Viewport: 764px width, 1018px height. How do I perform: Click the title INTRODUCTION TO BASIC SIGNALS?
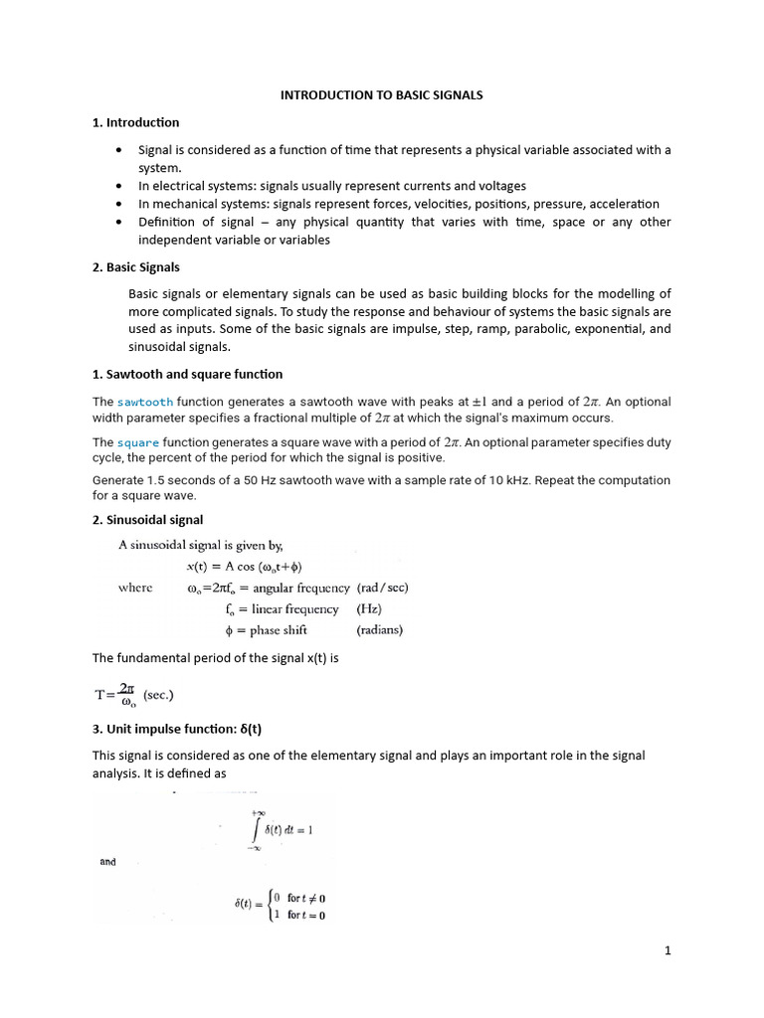coord(381,94)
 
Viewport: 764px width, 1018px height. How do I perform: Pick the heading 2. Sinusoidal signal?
coord(147,519)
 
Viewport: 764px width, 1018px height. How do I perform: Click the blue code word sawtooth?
coord(145,402)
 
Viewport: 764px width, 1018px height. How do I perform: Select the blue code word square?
coord(137,442)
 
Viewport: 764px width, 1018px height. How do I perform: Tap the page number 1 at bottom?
coord(668,950)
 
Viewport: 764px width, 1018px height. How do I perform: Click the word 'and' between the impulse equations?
coord(107,862)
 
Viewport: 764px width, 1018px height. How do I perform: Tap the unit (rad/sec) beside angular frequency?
coord(382,588)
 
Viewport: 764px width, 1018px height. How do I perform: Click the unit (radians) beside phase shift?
coord(379,629)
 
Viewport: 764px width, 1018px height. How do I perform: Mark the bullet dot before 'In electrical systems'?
coord(119,186)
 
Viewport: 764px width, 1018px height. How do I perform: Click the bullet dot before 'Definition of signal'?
coord(119,222)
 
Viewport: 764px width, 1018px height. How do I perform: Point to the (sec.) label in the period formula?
coord(165,694)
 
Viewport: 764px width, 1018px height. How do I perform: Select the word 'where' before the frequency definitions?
coord(135,588)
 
